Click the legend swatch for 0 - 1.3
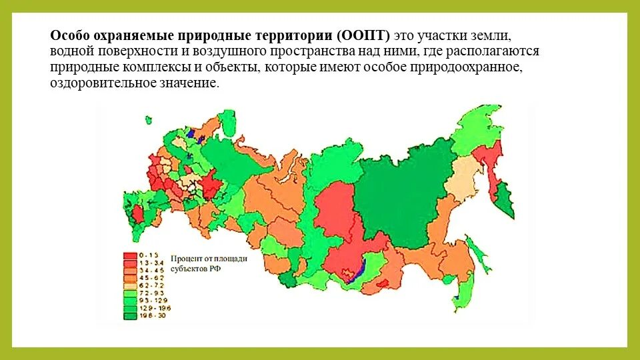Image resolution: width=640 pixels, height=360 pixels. (x=130, y=255)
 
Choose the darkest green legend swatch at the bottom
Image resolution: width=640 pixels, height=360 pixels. (x=130, y=315)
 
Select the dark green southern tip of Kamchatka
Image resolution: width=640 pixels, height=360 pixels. (x=506, y=203)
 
